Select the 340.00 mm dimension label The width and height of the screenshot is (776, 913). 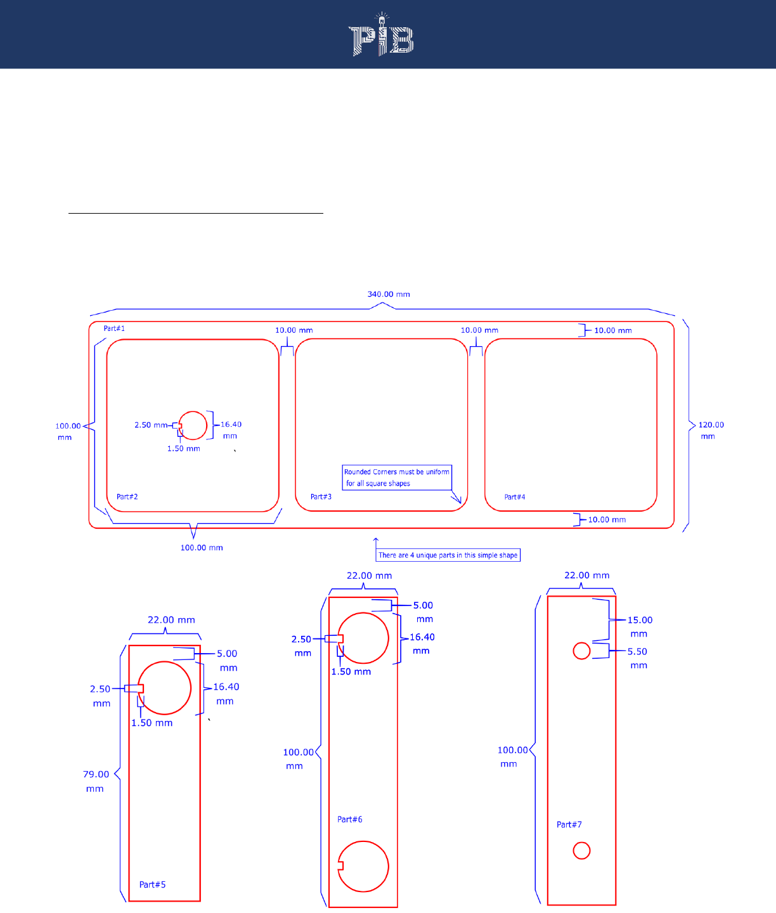click(x=389, y=294)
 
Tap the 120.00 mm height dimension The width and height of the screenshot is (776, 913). click(x=711, y=430)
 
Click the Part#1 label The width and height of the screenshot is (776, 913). click(x=114, y=328)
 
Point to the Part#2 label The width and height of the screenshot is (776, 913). click(x=127, y=496)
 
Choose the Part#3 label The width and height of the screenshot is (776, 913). click(x=321, y=496)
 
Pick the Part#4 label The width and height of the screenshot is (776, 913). click(x=515, y=497)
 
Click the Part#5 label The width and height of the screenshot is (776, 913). click(x=152, y=884)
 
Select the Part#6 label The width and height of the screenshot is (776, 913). click(x=350, y=819)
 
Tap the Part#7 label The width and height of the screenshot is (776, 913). click(x=569, y=824)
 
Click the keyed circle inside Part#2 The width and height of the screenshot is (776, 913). click(x=193, y=425)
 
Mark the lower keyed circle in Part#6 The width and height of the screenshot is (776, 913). click(x=363, y=866)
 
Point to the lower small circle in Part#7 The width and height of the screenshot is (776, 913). click(x=581, y=850)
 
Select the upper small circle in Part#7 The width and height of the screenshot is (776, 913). click(x=581, y=651)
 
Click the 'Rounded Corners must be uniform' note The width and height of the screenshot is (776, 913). click(x=397, y=477)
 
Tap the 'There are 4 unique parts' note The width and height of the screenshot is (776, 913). click(x=448, y=555)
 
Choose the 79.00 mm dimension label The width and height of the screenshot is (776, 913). click(x=96, y=781)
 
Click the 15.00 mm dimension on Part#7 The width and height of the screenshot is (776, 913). click(x=640, y=626)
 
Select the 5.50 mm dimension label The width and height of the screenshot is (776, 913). click(x=638, y=658)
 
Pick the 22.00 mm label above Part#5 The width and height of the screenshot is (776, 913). click(x=171, y=620)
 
